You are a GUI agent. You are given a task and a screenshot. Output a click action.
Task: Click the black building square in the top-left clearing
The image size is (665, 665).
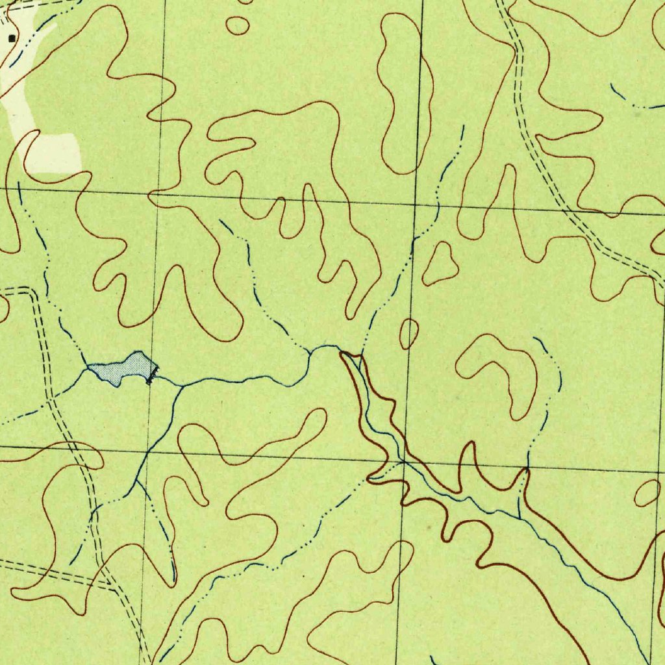(11, 39)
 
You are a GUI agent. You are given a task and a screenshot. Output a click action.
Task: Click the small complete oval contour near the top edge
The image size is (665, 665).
(238, 25)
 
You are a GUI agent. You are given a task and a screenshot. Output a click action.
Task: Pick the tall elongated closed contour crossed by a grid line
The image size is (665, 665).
(404, 91)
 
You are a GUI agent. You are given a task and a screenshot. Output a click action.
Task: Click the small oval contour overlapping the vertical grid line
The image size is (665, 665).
(408, 334)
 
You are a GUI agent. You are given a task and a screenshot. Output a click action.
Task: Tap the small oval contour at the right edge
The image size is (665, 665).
(647, 494)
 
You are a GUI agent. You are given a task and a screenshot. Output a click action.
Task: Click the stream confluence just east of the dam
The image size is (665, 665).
(181, 385)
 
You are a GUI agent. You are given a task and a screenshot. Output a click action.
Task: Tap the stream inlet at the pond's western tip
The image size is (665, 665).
(88, 367)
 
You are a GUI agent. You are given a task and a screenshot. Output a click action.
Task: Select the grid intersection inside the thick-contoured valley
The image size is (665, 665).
(403, 462)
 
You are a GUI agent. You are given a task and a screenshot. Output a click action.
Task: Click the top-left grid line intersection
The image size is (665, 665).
(158, 194)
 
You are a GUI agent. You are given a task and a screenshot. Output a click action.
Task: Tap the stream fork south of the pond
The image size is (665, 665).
(136, 481)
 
